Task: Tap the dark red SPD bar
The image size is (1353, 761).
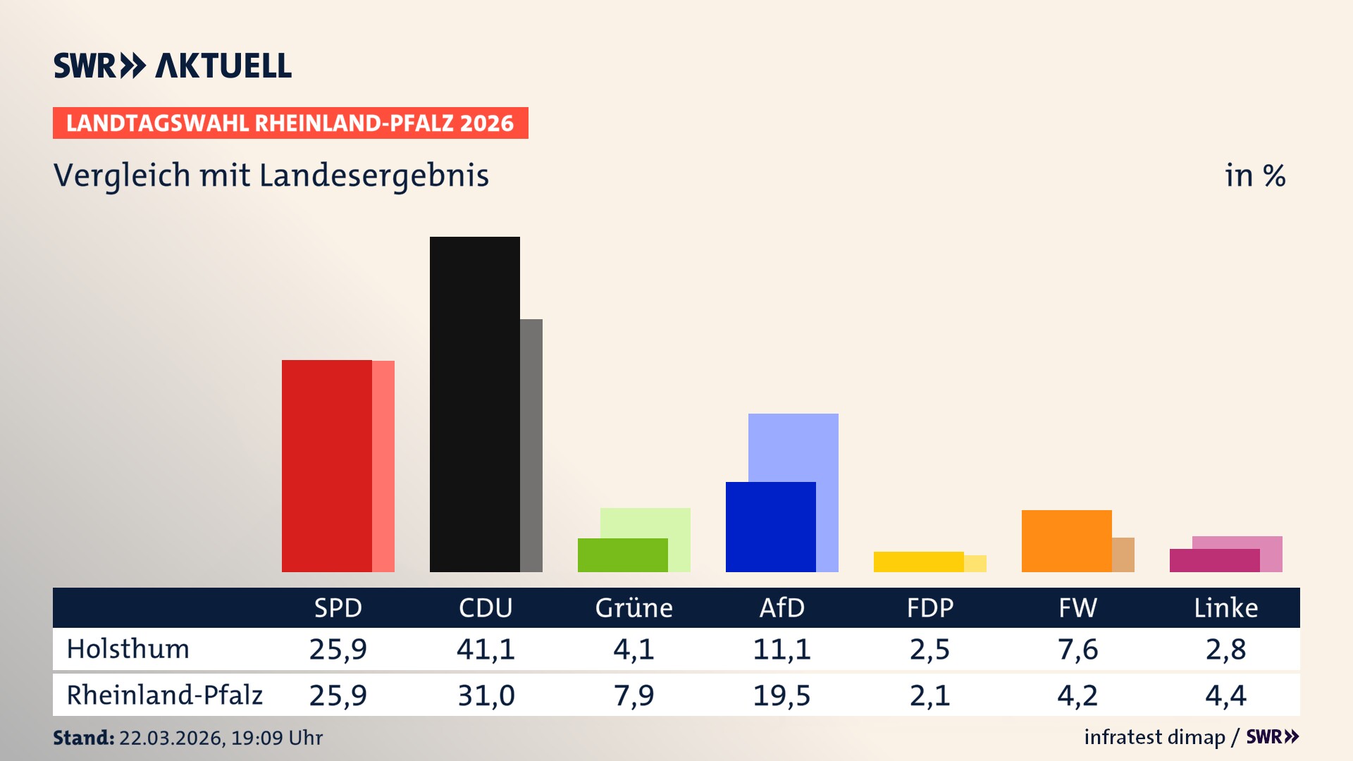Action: [x=326, y=466]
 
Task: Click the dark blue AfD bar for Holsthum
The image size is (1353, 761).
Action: [x=770, y=526]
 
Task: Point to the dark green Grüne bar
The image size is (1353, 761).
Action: [x=622, y=555]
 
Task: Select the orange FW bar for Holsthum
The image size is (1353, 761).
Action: [x=1066, y=540]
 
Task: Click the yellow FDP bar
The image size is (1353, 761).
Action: [x=918, y=562]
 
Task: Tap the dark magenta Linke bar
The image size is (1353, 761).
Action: [x=1214, y=560]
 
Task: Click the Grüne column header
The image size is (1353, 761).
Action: [x=634, y=607]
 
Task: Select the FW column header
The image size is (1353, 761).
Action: [x=1077, y=607]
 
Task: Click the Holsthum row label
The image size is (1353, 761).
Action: [x=128, y=649]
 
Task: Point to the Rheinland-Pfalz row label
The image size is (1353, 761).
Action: [x=164, y=695]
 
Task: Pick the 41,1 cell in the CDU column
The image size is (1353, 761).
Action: [x=486, y=649]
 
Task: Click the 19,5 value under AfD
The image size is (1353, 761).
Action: [x=781, y=695]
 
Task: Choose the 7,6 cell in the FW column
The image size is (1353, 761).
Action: [x=1077, y=649]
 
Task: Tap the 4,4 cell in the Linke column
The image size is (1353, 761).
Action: [x=1225, y=695]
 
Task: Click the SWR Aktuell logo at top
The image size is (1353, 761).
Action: [x=173, y=66]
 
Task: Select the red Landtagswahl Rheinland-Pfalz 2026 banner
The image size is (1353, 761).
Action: [x=290, y=123]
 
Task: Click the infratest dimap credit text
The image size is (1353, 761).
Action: [x=1154, y=737]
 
